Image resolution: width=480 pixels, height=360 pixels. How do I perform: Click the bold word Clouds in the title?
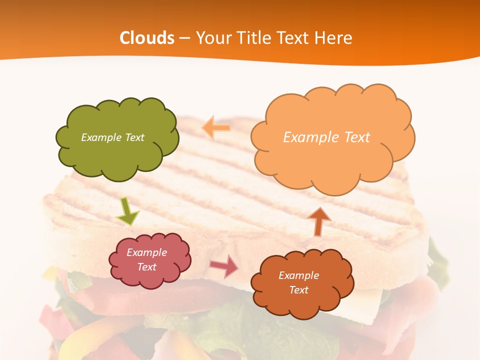147,38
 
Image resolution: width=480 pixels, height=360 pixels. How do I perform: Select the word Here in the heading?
333,38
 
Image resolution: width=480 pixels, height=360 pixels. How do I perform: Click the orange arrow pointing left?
216,128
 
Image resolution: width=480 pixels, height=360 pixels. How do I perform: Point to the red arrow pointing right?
224,266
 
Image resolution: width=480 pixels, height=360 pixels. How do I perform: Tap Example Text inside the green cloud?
112,137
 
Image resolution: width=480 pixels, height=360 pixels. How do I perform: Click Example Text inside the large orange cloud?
326,137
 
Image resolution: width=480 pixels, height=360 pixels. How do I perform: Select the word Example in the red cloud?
146,252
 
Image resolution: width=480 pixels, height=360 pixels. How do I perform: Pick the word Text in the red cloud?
147,267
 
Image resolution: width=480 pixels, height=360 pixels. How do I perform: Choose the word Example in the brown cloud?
298,275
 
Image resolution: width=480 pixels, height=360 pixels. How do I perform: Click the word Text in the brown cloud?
298,290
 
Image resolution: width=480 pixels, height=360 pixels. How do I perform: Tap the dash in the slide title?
184,38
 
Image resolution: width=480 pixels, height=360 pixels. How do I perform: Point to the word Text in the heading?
293,38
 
